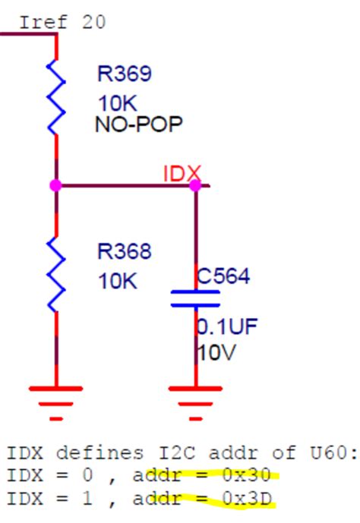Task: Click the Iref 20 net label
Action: (62, 21)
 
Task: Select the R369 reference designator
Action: (124, 74)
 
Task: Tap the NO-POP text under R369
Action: (138, 124)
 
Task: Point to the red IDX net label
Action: (181, 174)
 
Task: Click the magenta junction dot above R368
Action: (55, 185)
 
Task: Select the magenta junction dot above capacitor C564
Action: (195, 185)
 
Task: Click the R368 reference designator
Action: (124, 251)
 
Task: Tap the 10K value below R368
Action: (117, 281)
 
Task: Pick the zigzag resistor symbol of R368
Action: (56, 273)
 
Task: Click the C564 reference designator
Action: (223, 276)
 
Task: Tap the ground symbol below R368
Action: (56, 399)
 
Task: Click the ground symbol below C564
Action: (195, 399)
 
